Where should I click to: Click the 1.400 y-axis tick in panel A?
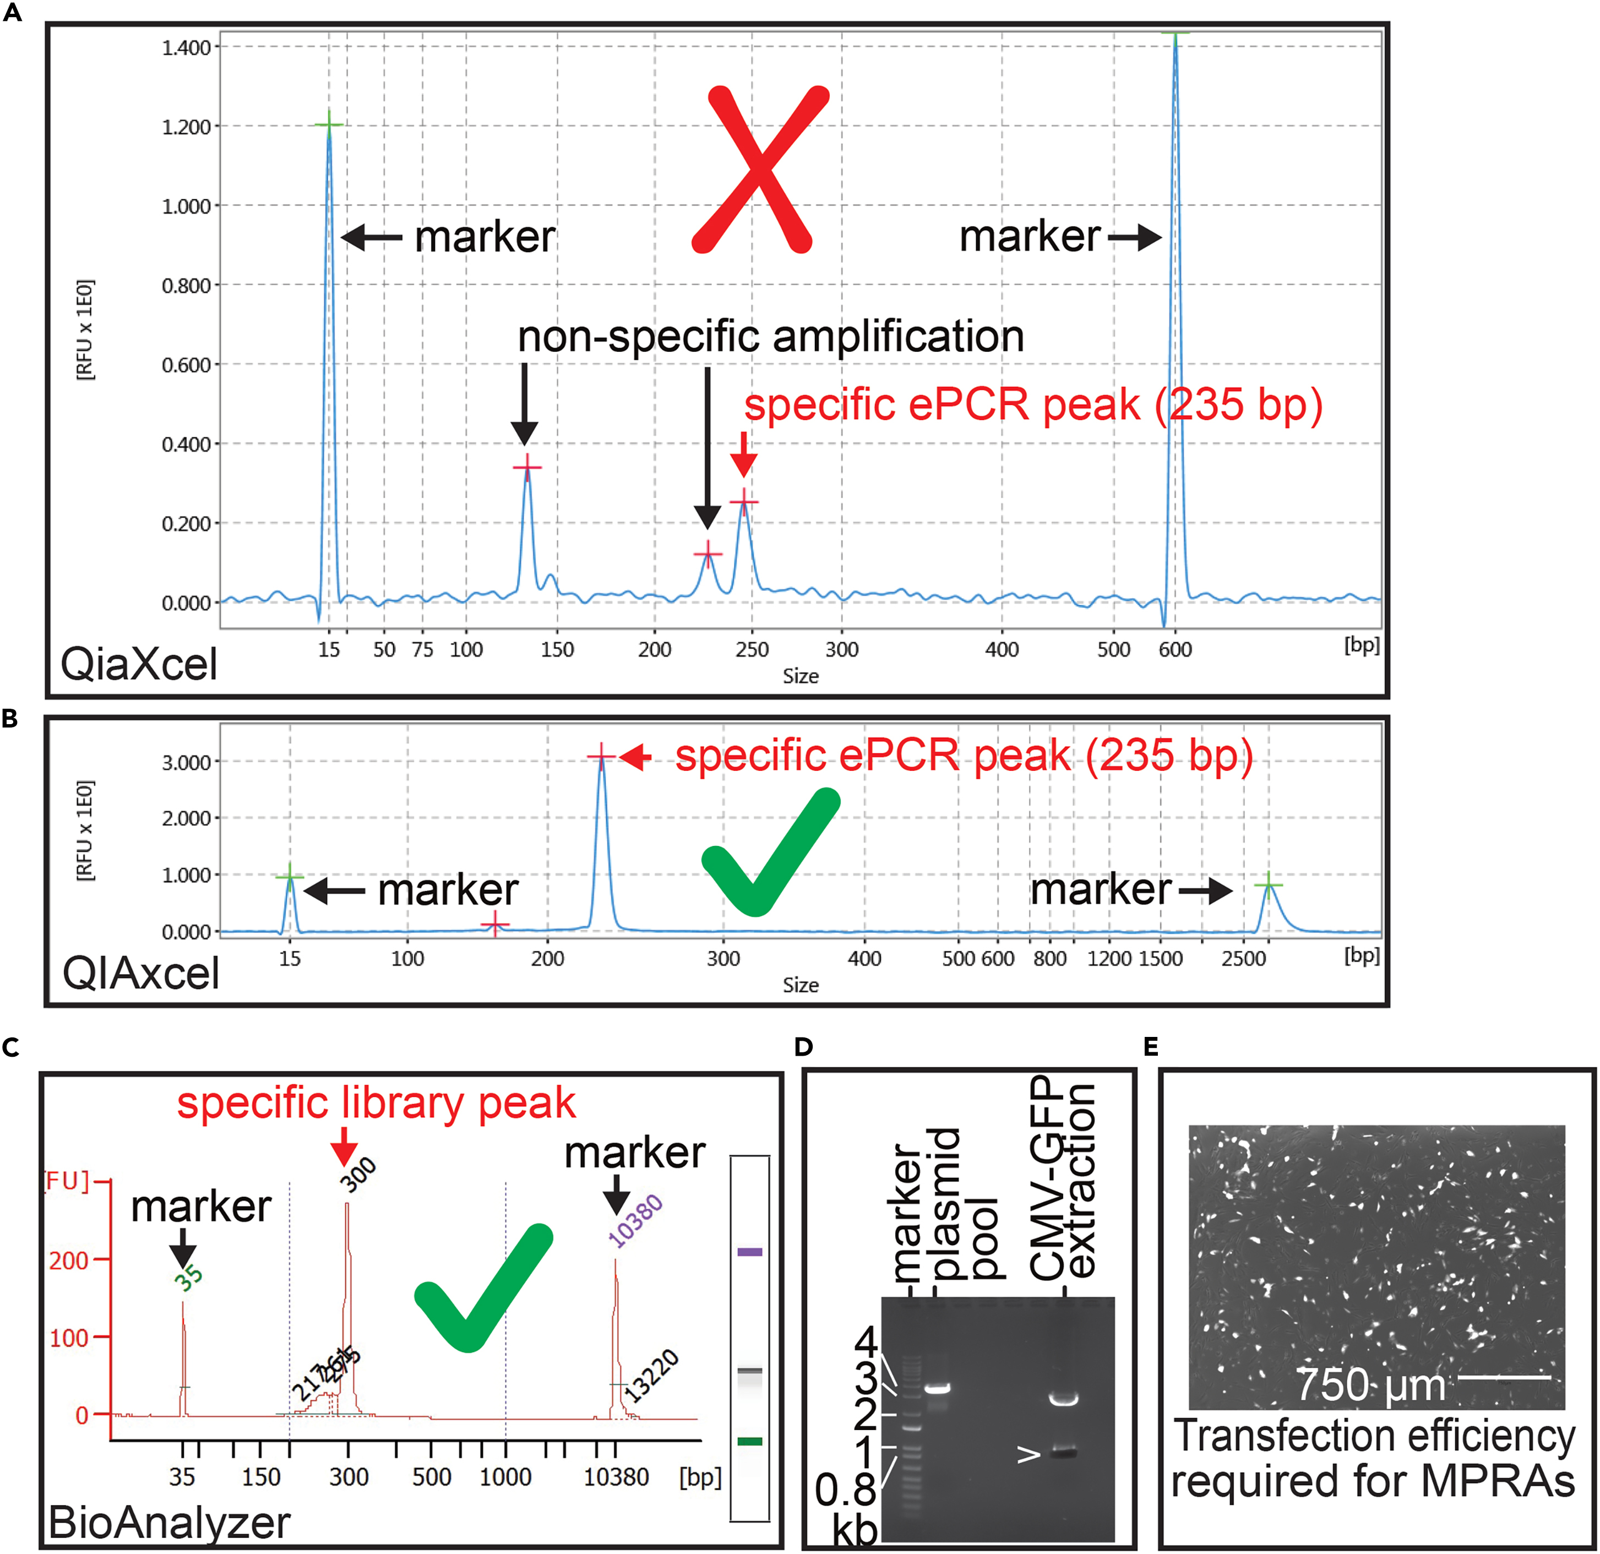(x=186, y=47)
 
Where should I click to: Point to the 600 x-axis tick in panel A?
(x=1175, y=649)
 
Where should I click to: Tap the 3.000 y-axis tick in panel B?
(x=186, y=762)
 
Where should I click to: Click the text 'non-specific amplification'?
(x=771, y=336)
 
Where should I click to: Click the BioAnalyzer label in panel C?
(x=169, y=1522)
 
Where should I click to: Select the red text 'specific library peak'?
(x=377, y=1103)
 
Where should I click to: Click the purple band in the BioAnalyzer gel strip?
(x=749, y=1252)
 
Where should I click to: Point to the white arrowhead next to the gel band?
(x=1028, y=1454)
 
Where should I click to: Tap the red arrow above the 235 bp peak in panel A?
(x=743, y=453)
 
